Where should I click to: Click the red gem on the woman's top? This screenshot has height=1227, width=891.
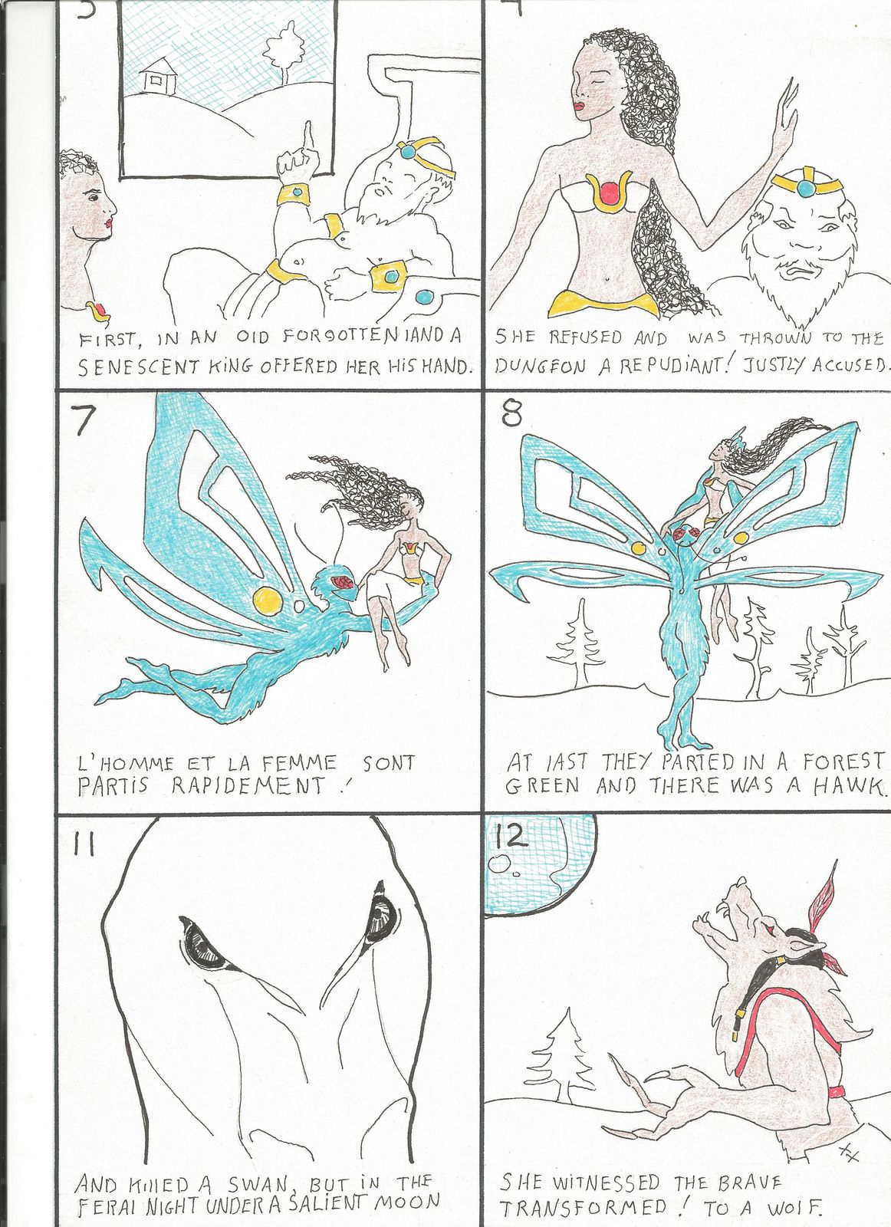point(608,195)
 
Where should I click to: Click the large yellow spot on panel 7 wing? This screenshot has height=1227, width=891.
point(268,601)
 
